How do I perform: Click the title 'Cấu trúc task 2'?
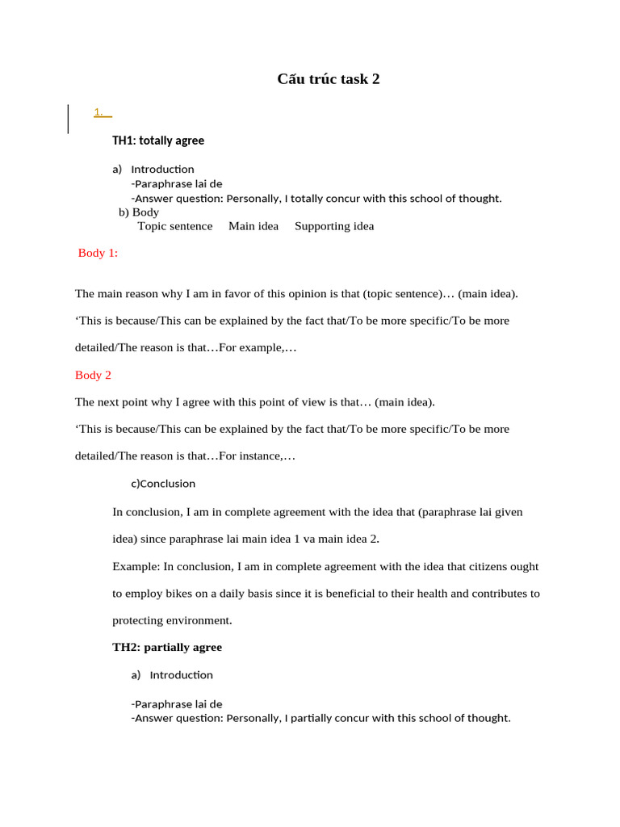(x=328, y=79)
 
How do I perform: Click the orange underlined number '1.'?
(x=99, y=112)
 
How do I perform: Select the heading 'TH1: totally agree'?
(x=158, y=141)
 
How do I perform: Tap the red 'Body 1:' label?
(x=98, y=253)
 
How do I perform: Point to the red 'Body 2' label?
(x=93, y=375)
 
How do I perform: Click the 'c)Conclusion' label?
(x=163, y=484)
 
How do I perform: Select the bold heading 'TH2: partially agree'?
(x=167, y=648)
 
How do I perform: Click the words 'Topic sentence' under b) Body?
(x=175, y=226)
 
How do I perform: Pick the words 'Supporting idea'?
(x=334, y=226)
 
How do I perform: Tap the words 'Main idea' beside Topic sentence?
(x=253, y=226)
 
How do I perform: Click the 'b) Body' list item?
(x=139, y=212)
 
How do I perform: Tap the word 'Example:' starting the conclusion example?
(x=136, y=567)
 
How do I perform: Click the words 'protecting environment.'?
(x=172, y=621)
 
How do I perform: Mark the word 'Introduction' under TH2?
(x=182, y=675)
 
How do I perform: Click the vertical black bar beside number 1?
(x=68, y=119)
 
